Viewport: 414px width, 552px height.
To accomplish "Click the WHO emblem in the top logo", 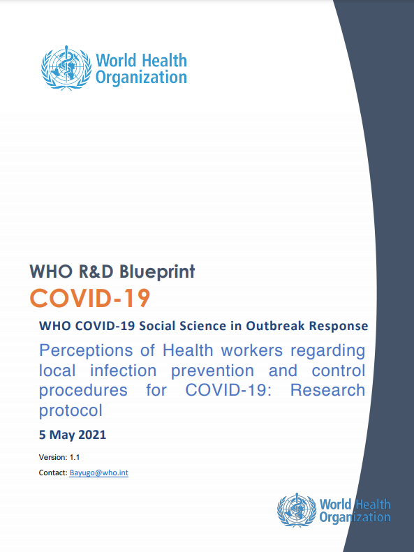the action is point(66,68).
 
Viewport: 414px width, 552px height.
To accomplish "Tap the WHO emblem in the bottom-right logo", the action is point(297,509).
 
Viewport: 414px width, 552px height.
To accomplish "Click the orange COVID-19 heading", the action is point(90,299).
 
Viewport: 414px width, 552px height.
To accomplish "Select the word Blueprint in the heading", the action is point(157,271).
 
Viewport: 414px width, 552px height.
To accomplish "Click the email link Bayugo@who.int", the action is point(99,472).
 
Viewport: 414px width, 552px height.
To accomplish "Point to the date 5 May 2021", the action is point(73,435).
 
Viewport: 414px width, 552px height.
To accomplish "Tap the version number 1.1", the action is point(75,457).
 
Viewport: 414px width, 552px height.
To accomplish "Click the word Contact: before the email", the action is point(53,472).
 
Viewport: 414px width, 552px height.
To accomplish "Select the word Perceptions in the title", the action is point(86,351).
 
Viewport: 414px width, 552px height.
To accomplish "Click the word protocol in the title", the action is point(71,411).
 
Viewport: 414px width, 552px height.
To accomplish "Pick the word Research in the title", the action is point(327,390).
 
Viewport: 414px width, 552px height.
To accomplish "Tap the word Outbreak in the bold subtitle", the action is point(274,326).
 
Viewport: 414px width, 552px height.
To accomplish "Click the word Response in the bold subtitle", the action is point(339,326).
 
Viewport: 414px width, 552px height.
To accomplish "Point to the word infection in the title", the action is point(123,371).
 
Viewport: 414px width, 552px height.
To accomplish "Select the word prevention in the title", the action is point(212,371).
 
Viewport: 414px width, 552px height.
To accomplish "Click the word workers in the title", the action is point(252,350).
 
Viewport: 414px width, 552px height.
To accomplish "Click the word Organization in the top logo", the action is point(141,77).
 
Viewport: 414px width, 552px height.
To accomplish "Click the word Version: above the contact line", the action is point(53,457).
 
